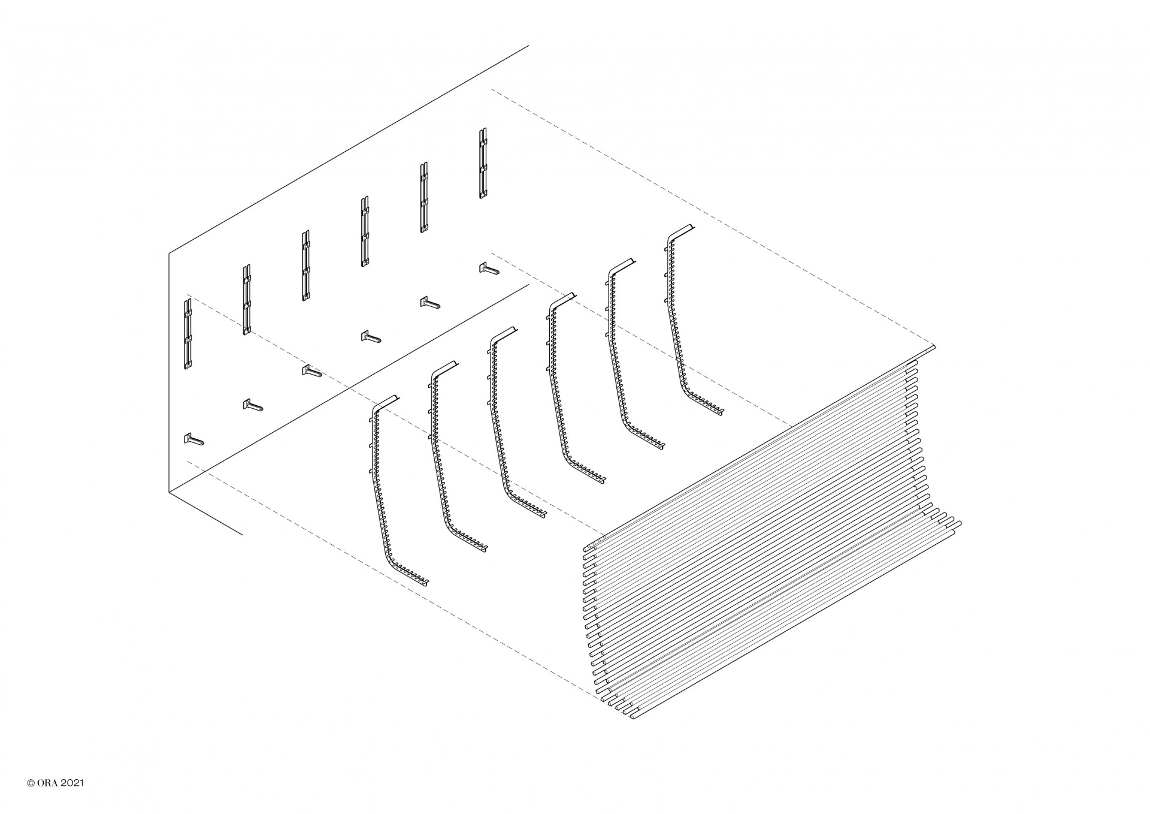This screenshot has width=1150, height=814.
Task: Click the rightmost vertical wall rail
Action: point(483,163)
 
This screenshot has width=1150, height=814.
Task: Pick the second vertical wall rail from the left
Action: point(247,299)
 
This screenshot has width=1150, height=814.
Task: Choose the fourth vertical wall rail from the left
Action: point(365,231)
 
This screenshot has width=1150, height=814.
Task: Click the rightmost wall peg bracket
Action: point(489,269)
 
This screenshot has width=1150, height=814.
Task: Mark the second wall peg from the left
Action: point(253,406)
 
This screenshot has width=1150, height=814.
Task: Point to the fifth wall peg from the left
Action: point(430,303)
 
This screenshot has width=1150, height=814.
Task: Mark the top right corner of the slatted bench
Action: point(934,346)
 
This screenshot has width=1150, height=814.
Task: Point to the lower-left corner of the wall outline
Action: point(169,492)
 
